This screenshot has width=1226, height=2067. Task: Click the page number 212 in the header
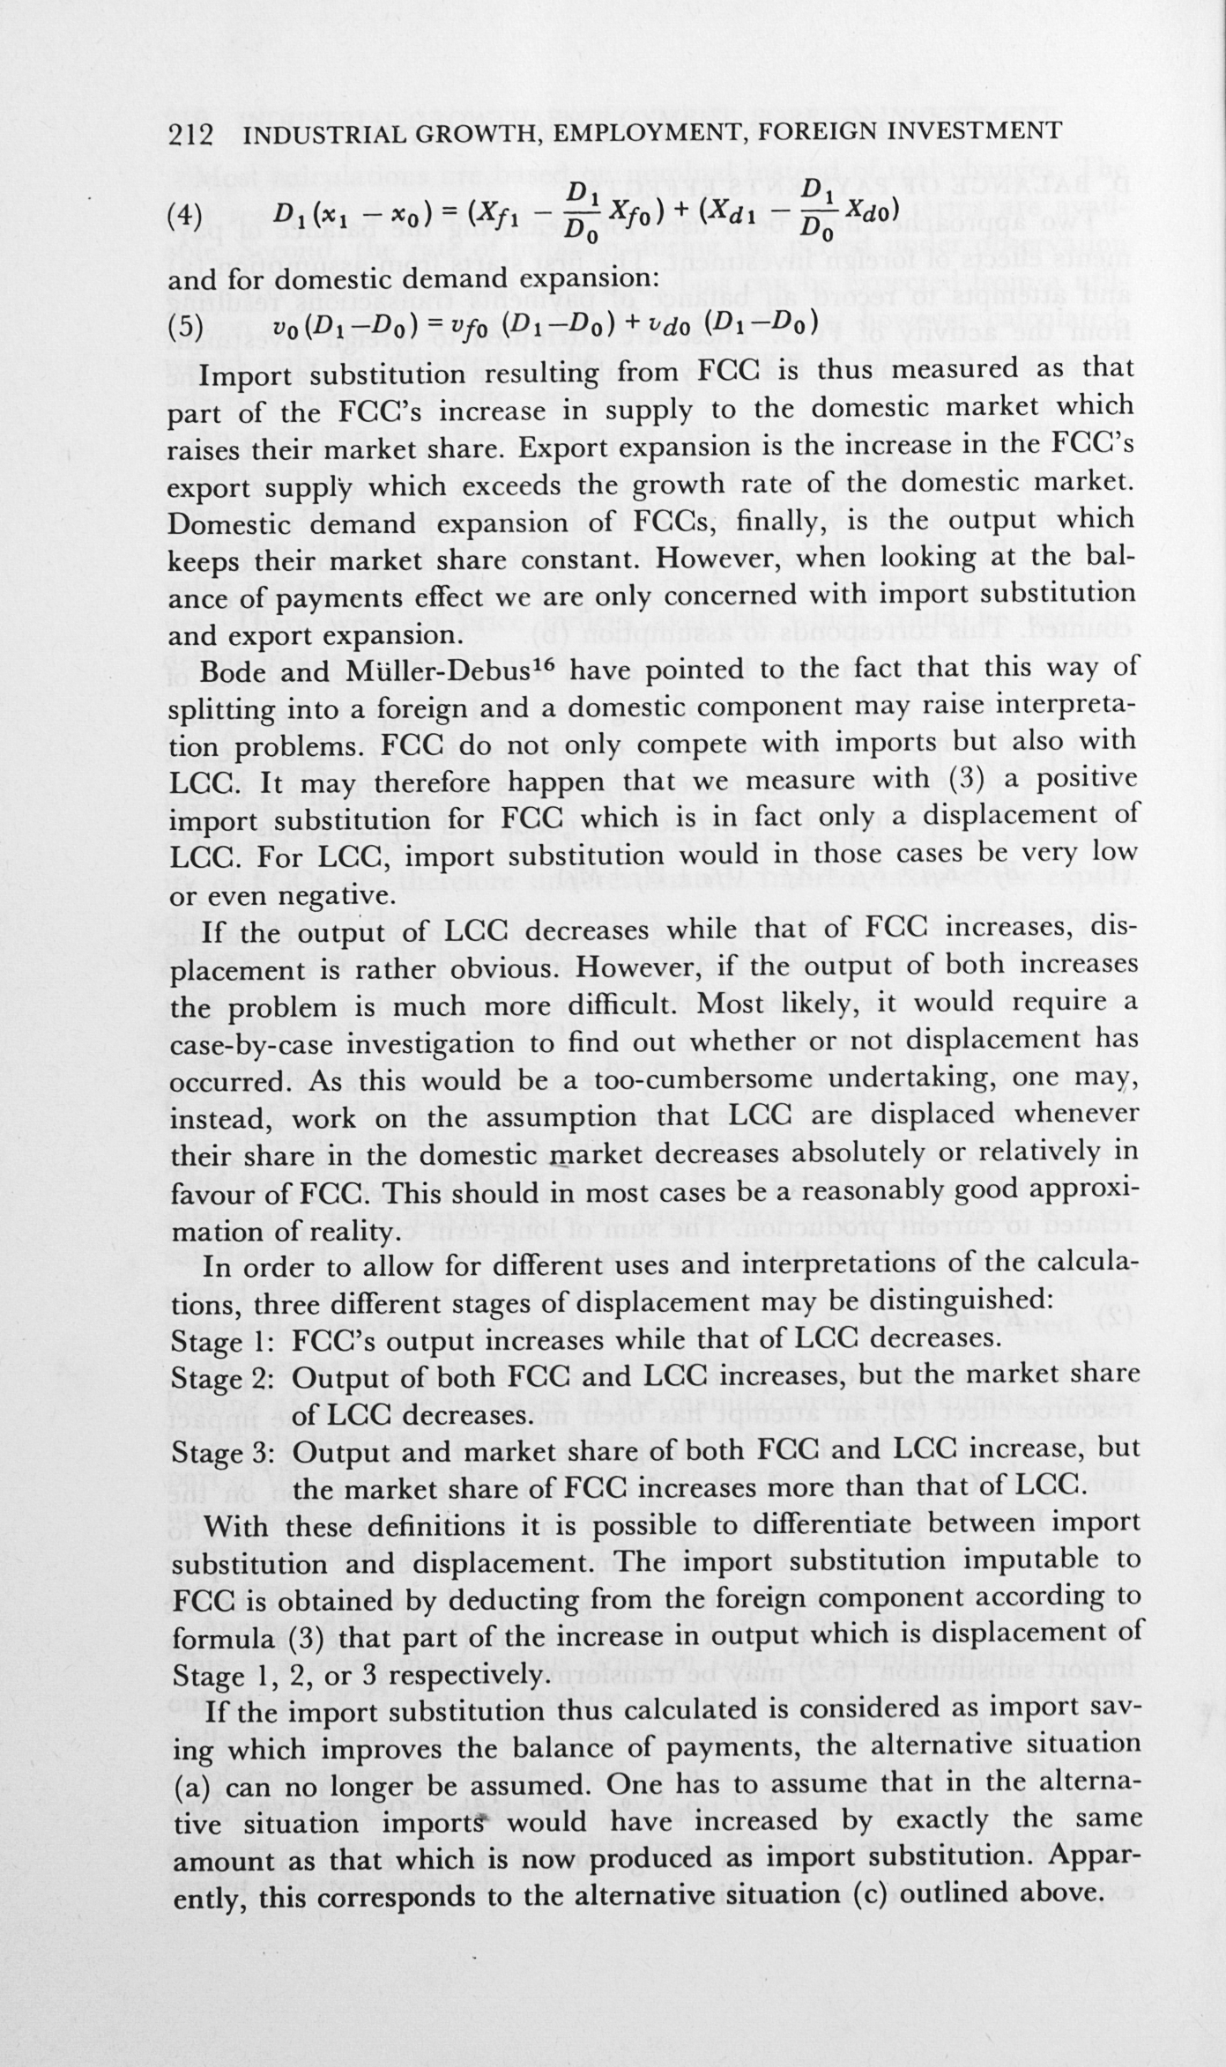coord(190,135)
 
